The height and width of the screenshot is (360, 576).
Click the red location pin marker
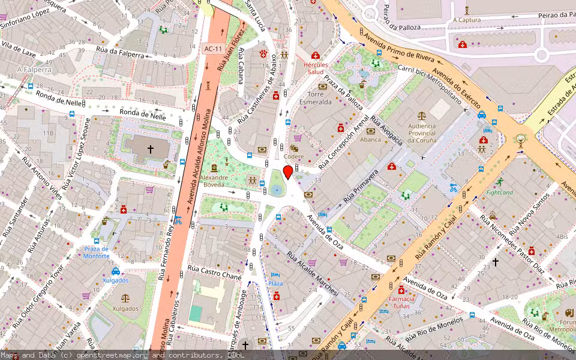(288, 173)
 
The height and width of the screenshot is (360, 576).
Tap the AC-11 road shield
(212, 49)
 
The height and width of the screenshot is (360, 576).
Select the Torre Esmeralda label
(316, 98)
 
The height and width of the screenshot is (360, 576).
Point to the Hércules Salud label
(316, 68)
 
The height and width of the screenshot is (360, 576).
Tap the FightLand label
(499, 193)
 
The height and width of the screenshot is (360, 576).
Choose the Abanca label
(370, 139)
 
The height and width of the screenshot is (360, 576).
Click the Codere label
(293, 157)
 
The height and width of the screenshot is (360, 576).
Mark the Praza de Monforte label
(96, 253)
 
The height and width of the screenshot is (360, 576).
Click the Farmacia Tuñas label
(401, 302)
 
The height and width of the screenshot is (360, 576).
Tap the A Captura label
(467, 19)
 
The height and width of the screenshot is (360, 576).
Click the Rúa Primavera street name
(360, 186)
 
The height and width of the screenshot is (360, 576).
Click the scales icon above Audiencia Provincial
(422, 113)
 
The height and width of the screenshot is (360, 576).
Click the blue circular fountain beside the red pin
(277, 190)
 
